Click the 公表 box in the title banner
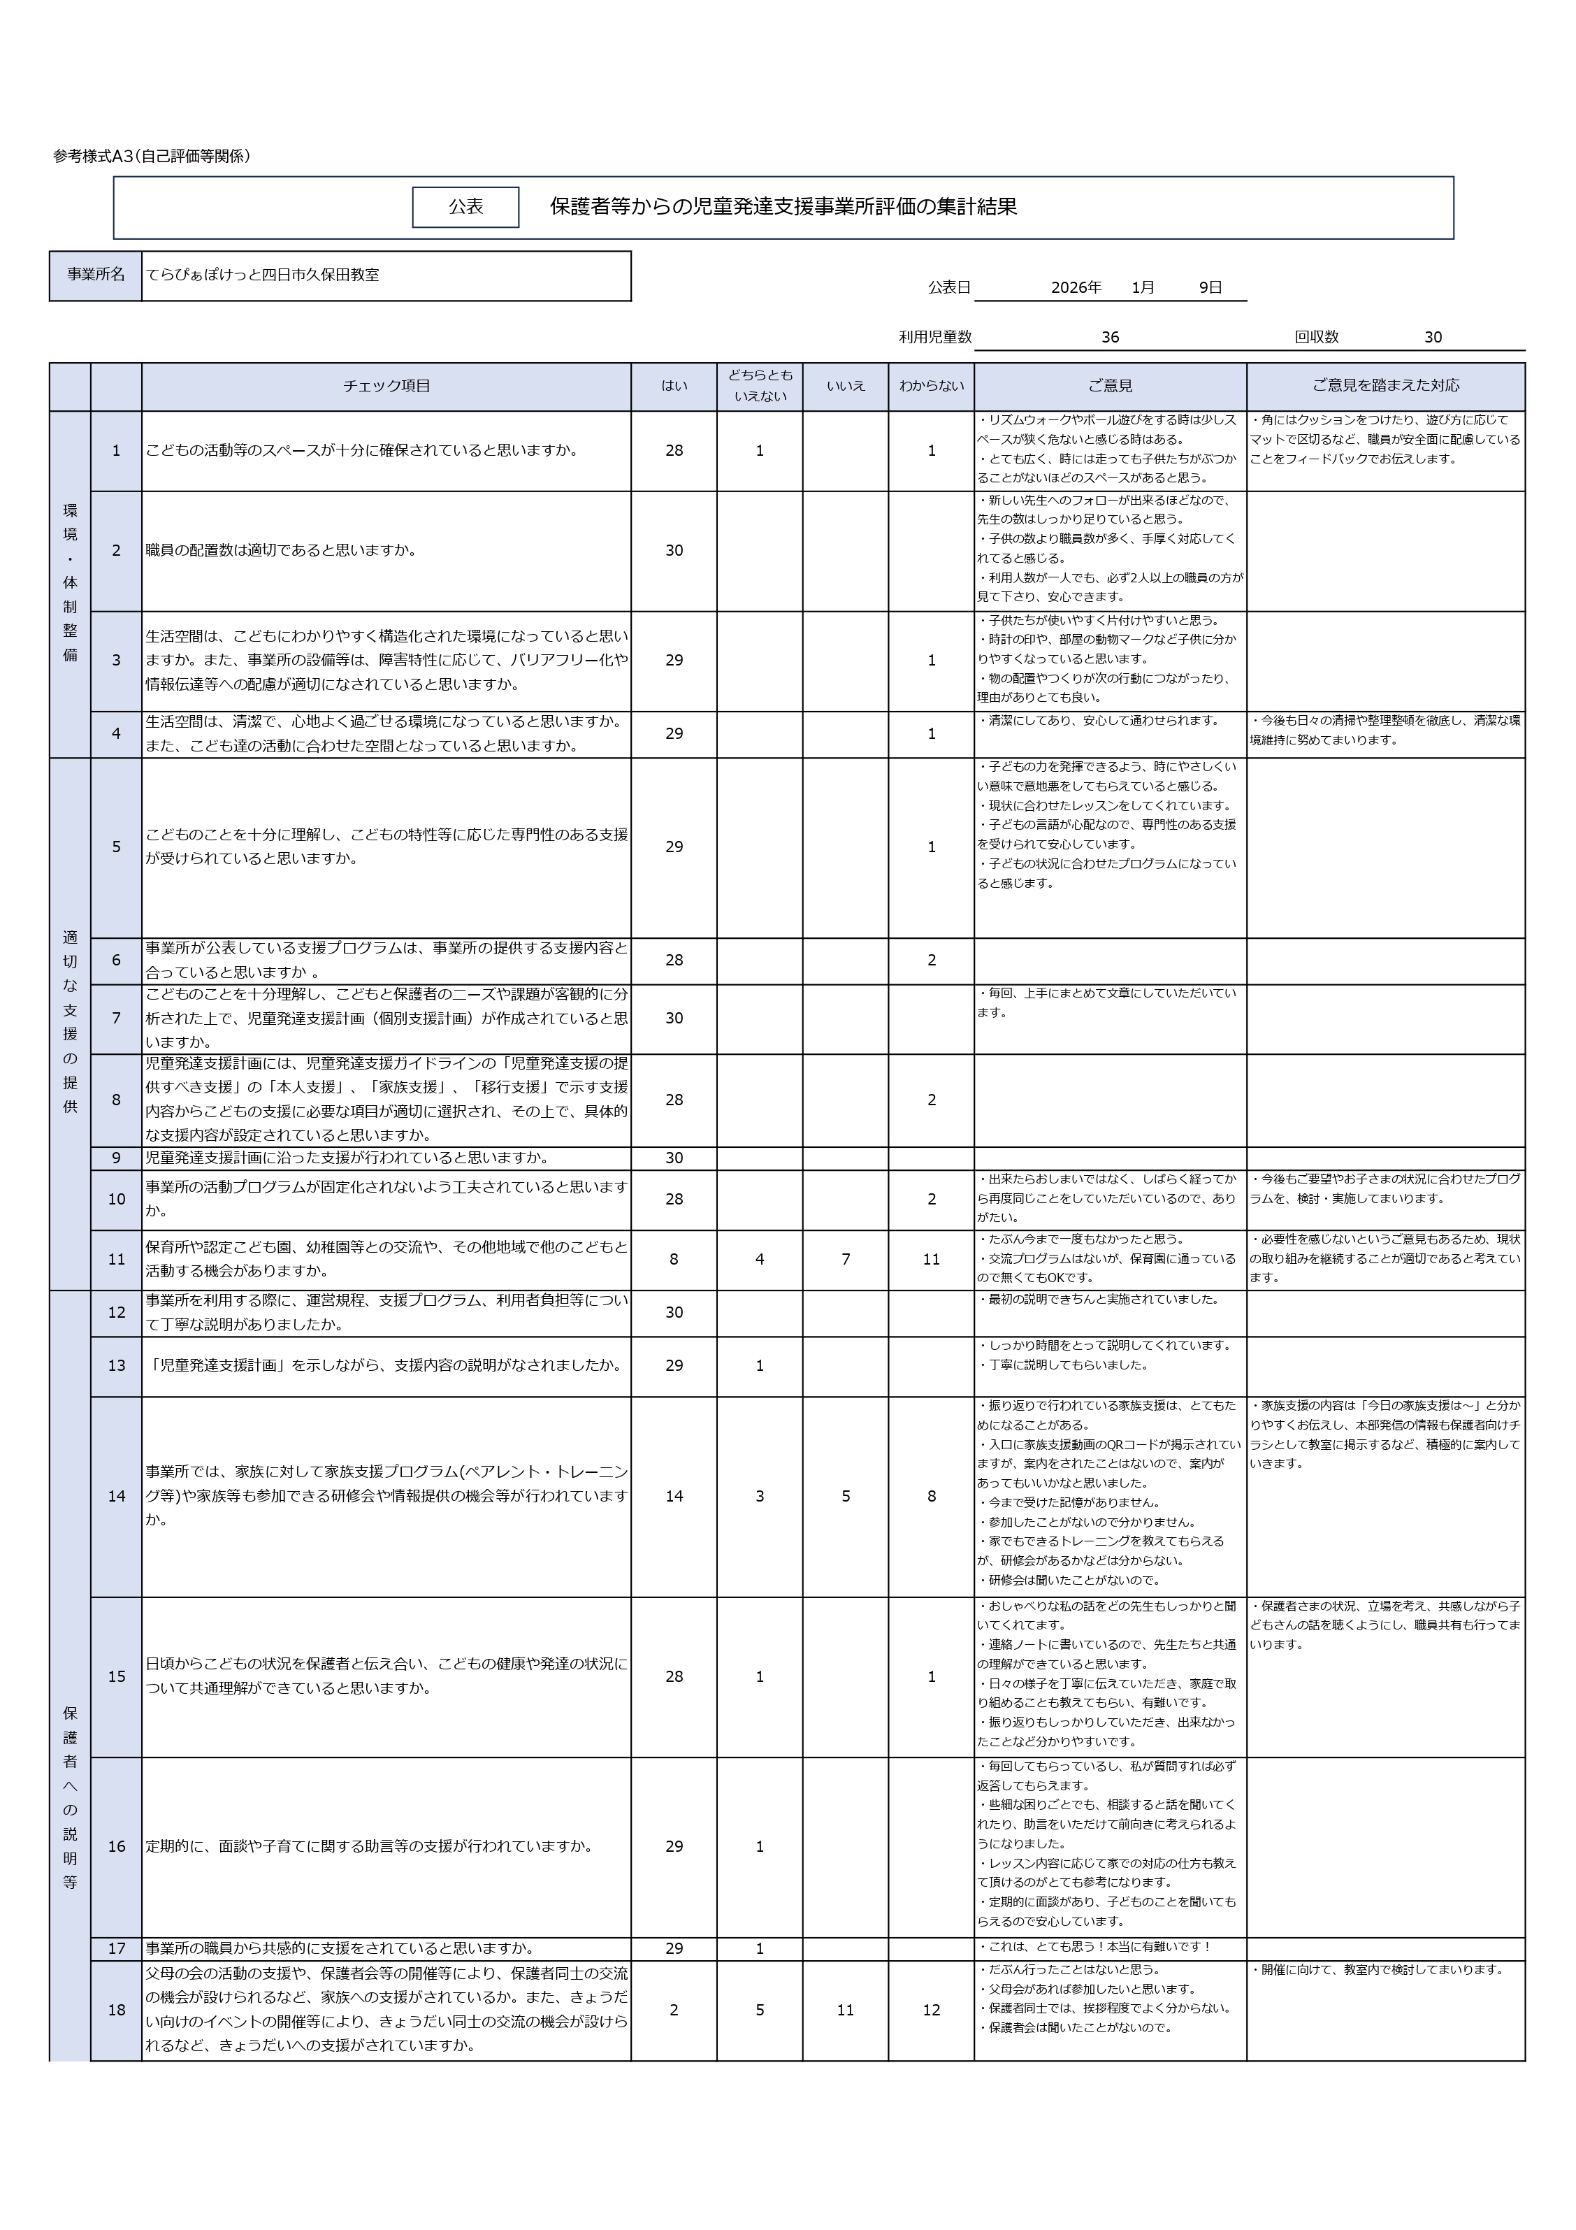point(465,207)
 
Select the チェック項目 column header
point(386,386)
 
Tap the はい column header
point(674,386)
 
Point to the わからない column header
point(930,386)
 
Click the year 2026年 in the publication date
point(1076,287)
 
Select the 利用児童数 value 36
point(1110,337)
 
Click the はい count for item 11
point(674,1259)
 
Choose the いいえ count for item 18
point(845,2010)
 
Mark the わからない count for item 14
point(930,1496)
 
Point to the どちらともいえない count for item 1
point(760,451)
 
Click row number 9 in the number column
point(117,1158)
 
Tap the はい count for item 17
point(674,1948)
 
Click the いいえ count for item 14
point(845,1496)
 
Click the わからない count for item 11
point(930,1259)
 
